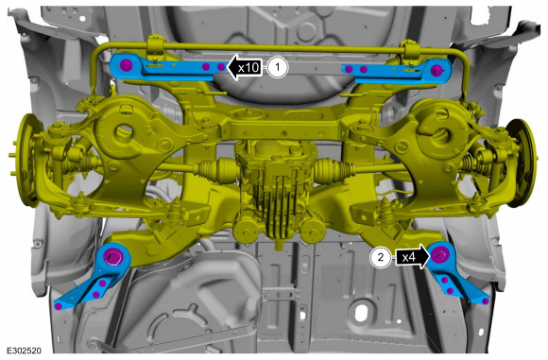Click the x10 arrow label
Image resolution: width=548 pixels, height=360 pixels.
click(x=245, y=67)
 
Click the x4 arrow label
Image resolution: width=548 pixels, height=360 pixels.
click(x=412, y=257)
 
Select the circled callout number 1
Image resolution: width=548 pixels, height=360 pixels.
click(x=278, y=67)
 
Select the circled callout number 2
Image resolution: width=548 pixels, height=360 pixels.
click(x=380, y=258)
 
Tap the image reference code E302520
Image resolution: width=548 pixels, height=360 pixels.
click(x=24, y=351)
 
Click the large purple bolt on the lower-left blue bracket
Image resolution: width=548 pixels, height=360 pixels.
click(x=112, y=257)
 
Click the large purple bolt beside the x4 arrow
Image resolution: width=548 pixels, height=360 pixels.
click(x=439, y=255)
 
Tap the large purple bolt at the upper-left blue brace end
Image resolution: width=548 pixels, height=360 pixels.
click(x=126, y=65)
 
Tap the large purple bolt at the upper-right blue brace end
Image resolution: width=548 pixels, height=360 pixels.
click(x=436, y=70)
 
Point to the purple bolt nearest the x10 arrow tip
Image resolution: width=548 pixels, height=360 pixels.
click(x=221, y=67)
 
